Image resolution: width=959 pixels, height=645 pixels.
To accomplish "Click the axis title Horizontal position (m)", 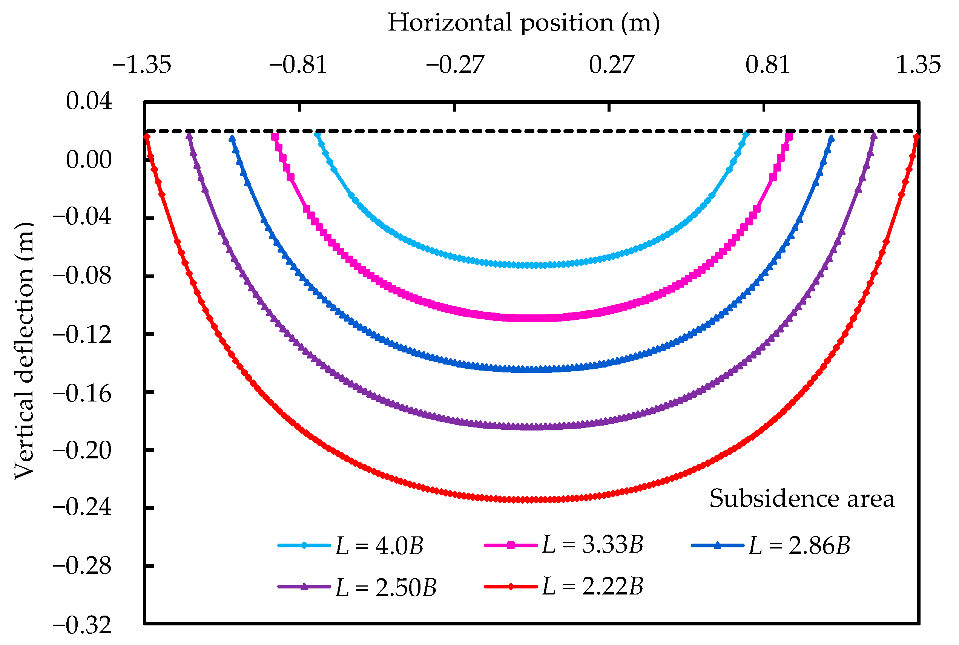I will point(523,23).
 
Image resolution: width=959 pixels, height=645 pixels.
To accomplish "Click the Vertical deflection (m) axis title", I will point(24,351).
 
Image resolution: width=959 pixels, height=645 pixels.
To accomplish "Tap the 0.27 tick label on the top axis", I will point(611,65).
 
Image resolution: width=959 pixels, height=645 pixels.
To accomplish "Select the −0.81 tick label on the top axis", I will point(298,65).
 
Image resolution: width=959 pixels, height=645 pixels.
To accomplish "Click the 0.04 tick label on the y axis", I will point(89,101).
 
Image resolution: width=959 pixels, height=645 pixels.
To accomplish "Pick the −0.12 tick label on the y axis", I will point(82,334).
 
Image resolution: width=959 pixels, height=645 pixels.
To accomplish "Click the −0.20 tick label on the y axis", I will point(82,450).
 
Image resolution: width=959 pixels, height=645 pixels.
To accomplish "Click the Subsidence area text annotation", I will point(801,499).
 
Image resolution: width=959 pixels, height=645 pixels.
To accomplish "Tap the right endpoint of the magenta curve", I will point(789,134).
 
